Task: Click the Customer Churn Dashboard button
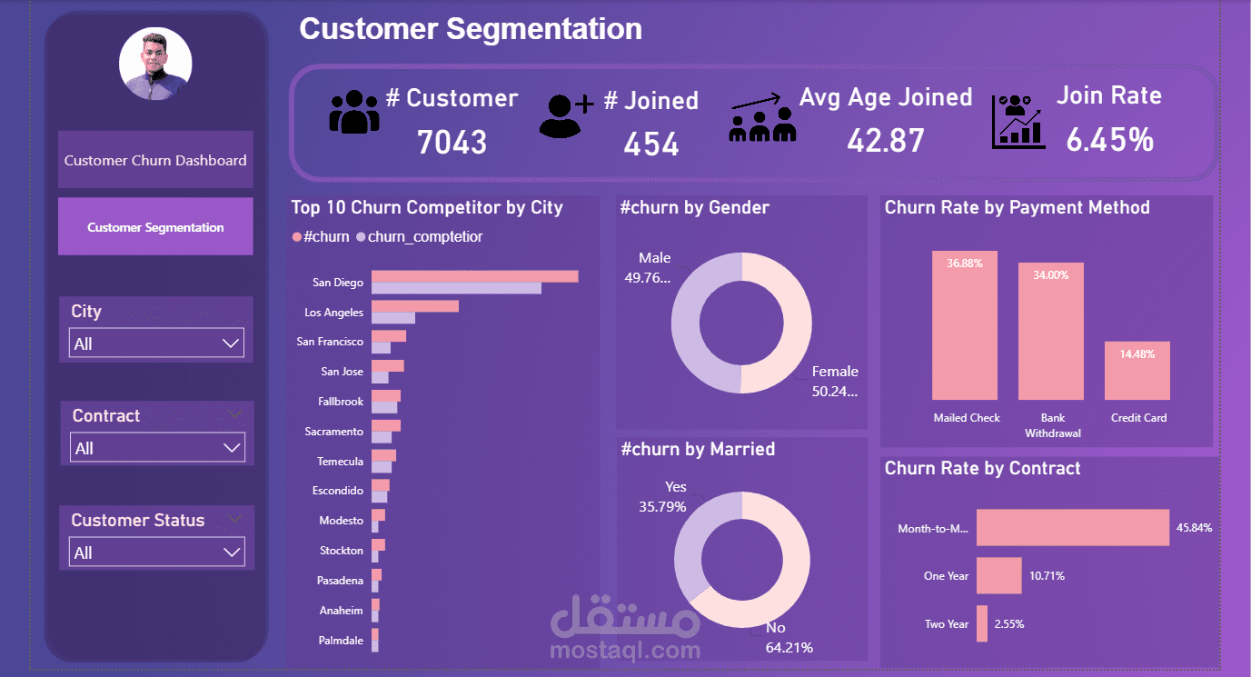[x=155, y=160]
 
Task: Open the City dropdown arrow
[x=231, y=343]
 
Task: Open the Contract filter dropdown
[x=156, y=448]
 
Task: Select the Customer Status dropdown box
[x=156, y=553]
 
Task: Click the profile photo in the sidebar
[x=155, y=64]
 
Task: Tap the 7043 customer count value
[x=452, y=142]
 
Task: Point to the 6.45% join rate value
[x=1109, y=139]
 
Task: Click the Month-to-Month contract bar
[x=1072, y=528]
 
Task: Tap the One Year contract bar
[x=998, y=576]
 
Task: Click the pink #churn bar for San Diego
[x=474, y=276]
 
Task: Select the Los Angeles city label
[x=333, y=313]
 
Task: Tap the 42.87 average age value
[x=885, y=140]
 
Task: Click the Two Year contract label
[x=946, y=624]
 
